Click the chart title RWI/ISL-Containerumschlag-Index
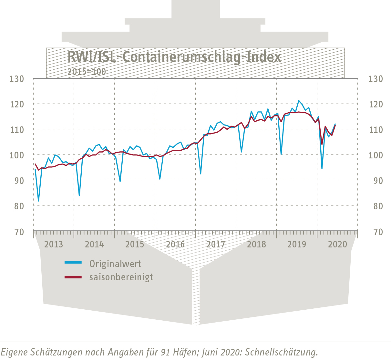pyautogui.click(x=174, y=57)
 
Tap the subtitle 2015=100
pyautogui.click(x=87, y=72)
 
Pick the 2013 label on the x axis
pyautogui.click(x=54, y=244)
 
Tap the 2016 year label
pyautogui.click(x=175, y=244)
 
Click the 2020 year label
pyautogui.click(x=337, y=244)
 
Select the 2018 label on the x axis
pyautogui.click(x=256, y=244)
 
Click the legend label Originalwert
pyautogui.click(x=115, y=264)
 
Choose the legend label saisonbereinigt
pyautogui.click(x=121, y=277)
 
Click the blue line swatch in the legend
pyautogui.click(x=73, y=263)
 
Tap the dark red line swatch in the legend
pyautogui.click(x=73, y=277)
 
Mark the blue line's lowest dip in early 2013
pyautogui.click(x=39, y=201)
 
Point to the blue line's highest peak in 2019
pyautogui.click(x=299, y=101)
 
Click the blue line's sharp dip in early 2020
pyautogui.click(x=322, y=168)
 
